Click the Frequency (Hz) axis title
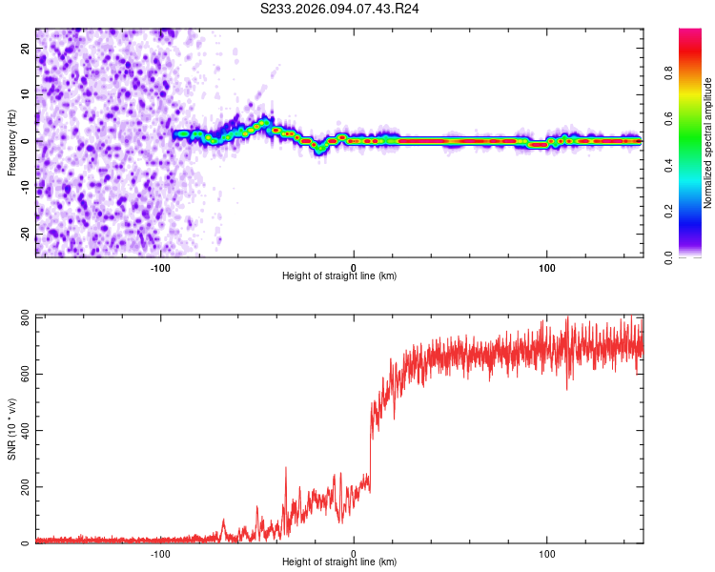(x=11, y=142)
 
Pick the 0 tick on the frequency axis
(x=26, y=140)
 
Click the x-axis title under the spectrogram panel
(x=339, y=276)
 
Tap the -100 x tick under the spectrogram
(x=160, y=267)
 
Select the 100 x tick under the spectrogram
(x=547, y=267)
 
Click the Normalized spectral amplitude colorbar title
(x=708, y=143)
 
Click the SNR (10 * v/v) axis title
(x=11, y=428)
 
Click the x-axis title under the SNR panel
(x=339, y=562)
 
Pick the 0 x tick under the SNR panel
(x=354, y=553)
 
